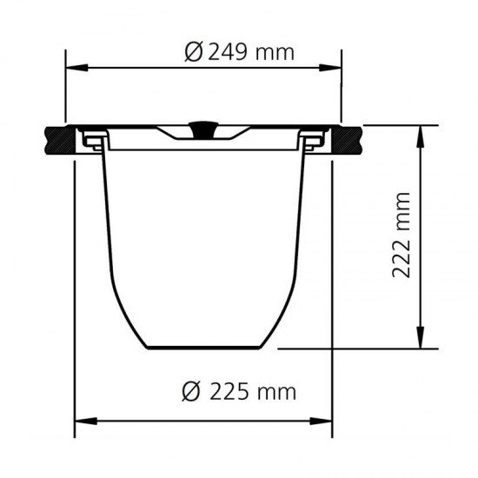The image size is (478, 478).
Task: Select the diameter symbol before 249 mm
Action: [x=193, y=52]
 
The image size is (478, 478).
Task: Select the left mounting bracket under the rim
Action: [x=93, y=141]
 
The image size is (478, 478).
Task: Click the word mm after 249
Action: [x=276, y=51]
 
